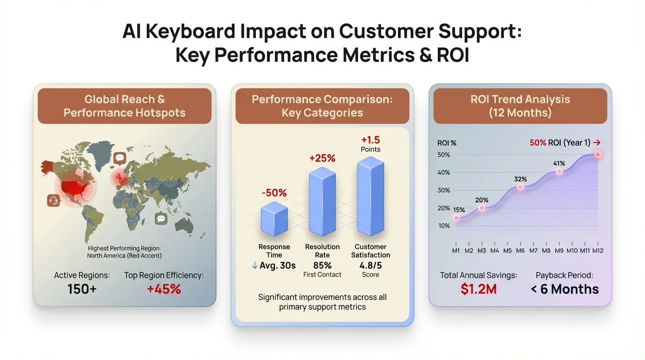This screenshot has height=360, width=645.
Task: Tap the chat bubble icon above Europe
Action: (120, 158)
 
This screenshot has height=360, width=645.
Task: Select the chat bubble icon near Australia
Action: (161, 218)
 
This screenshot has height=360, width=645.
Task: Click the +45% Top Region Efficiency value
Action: (164, 289)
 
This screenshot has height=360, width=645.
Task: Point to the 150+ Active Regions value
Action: (82, 289)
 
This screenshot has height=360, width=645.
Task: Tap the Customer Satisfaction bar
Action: (370, 197)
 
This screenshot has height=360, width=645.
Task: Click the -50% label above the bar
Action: (274, 193)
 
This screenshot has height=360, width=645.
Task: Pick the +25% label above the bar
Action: (322, 158)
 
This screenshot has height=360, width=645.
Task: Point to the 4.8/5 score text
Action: (370, 265)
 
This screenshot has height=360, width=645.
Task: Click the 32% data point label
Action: (520, 179)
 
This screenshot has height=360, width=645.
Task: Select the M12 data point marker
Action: (598, 154)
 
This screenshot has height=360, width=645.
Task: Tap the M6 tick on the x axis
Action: (520, 251)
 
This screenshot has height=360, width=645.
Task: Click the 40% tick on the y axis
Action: (443, 172)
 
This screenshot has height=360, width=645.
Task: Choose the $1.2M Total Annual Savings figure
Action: (479, 289)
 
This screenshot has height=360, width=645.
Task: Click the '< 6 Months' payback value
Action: (564, 289)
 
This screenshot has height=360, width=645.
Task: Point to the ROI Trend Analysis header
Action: (520, 106)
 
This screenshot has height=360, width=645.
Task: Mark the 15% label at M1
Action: (459, 210)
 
